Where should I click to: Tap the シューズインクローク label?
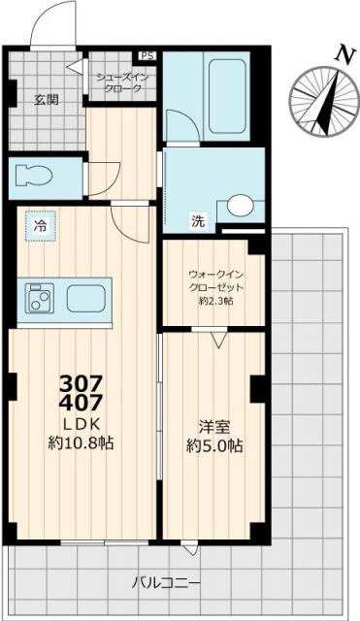coord(122,82)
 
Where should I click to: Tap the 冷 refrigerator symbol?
coord(41,226)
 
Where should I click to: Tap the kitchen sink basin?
coord(87,297)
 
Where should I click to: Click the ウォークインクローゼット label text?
coord(214,282)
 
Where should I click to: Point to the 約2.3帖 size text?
coord(214,303)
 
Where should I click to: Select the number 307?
coord(82,382)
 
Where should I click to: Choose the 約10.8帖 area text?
coord(82,442)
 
